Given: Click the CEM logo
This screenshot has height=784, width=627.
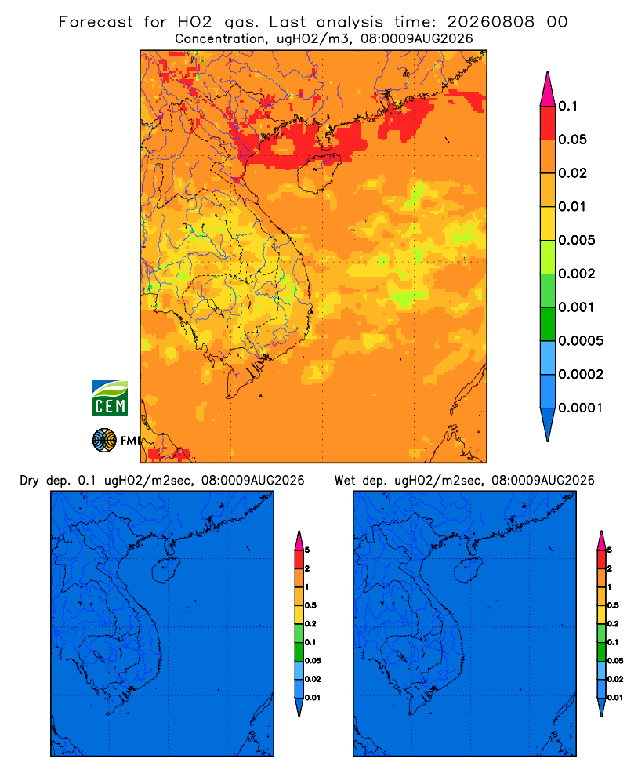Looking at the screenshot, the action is tap(110, 398).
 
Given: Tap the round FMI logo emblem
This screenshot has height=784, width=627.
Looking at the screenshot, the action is tap(104, 441).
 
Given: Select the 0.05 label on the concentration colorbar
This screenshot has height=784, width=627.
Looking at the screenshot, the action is tap(572, 140).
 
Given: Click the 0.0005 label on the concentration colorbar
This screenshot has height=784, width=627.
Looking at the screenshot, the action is tap(581, 341).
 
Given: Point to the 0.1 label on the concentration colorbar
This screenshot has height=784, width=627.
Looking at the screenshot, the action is tap(568, 106).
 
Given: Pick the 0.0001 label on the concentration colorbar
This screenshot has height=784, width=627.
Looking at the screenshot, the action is tap(581, 408).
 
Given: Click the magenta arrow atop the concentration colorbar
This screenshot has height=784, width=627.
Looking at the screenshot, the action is tap(548, 89).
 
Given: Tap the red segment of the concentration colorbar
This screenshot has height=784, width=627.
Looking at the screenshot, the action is tap(548, 123).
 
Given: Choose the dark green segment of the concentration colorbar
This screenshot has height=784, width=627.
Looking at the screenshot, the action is tap(548, 324).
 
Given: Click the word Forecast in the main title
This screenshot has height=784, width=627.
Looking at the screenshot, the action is tap(96, 22).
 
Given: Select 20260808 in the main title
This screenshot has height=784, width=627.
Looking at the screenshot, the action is tap(491, 22).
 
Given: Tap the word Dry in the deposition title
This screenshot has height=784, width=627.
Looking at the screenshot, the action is tap(30, 481).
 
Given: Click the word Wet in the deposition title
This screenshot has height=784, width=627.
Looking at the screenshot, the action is tap(345, 481).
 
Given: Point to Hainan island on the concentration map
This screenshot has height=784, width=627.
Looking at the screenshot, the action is tap(318, 172).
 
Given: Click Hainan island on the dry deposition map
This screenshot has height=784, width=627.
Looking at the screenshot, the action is tap(165, 571).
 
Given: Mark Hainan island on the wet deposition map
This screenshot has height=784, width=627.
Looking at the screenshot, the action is tap(468, 571).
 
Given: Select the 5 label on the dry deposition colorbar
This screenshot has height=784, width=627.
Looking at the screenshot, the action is tap(307, 550).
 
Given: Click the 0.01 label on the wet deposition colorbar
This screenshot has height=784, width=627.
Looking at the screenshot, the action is tap(615, 698).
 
